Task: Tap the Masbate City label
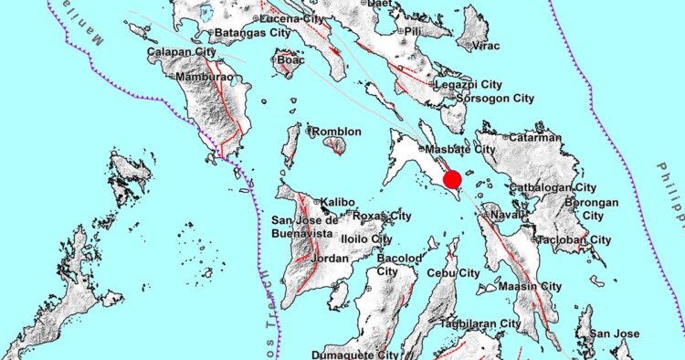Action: click(458, 149)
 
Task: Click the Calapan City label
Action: click(180, 53)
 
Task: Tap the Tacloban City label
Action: click(574, 239)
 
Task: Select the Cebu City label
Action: click(457, 273)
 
